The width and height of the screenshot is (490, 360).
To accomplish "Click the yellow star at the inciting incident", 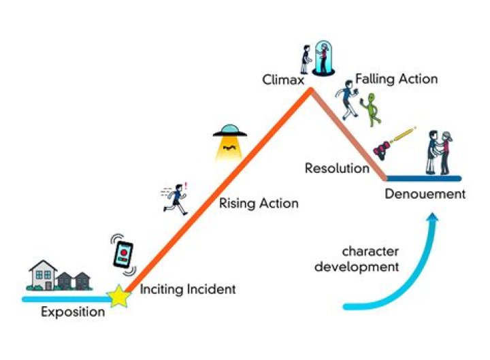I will [x=119, y=297].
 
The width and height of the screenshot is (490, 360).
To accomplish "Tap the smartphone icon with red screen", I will [x=124, y=253].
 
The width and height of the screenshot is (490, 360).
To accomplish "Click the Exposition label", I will [x=73, y=312].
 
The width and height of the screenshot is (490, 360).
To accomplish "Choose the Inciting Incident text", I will [x=188, y=289].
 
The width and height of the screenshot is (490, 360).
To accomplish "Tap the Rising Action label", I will [x=259, y=203].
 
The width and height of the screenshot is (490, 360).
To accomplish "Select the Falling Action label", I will [x=396, y=79].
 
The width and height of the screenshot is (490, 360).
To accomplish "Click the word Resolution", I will [x=336, y=168].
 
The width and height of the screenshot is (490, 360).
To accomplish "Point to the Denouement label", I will [x=425, y=194].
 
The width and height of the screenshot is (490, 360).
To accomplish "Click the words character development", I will [x=370, y=259].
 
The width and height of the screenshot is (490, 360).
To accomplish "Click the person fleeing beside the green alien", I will [x=348, y=99].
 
